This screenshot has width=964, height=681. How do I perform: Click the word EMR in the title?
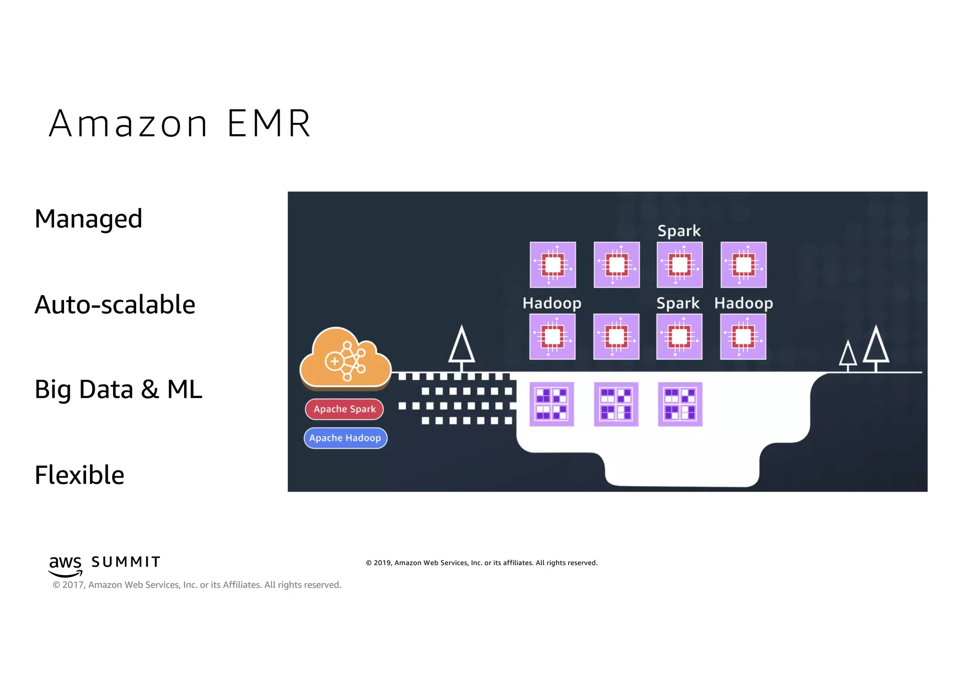coord(269,123)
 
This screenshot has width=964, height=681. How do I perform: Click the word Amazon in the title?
coord(128,123)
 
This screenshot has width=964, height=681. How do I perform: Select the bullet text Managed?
coord(88,219)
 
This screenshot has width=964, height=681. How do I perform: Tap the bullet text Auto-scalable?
coord(115,304)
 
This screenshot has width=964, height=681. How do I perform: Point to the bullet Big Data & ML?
coord(118,389)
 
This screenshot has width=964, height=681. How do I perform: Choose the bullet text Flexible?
coord(80,475)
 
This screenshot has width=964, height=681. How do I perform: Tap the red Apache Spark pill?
coord(344,409)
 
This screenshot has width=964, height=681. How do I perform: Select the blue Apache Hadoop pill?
coord(345,438)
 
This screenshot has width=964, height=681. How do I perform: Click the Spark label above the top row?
coord(679,231)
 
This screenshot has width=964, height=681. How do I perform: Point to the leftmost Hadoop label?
coord(552,303)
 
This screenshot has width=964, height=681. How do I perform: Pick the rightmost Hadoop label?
coord(743,303)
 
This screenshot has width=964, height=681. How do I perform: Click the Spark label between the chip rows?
coord(678,303)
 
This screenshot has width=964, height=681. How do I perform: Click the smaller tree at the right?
coord(848,355)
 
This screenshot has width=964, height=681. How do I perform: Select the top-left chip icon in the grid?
coord(553,264)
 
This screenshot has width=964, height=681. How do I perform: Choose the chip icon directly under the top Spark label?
coord(679,264)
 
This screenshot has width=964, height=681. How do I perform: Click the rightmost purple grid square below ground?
coord(680,404)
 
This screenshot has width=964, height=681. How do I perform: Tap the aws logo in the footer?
coord(65,565)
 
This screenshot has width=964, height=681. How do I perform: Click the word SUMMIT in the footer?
coord(126,562)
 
